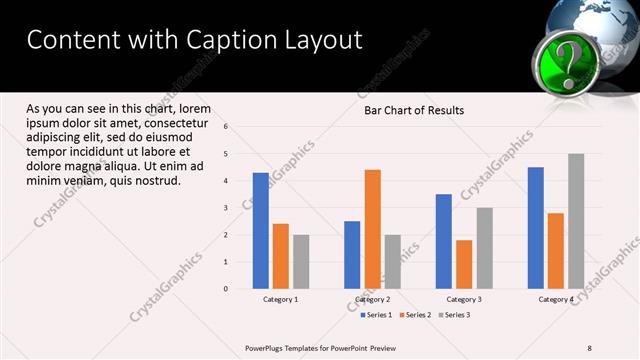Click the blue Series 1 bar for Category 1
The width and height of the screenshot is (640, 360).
[261, 231]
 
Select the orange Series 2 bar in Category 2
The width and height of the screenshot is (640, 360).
[372, 229]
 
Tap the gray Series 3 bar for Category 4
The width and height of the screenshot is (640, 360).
[576, 221]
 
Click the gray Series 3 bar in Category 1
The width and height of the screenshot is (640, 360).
[301, 262]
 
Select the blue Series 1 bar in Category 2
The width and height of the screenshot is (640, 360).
[352, 255]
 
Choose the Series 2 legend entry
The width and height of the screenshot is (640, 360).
[415, 315]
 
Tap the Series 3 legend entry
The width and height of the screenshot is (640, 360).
[454, 315]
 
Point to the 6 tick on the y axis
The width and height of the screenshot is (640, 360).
[226, 127]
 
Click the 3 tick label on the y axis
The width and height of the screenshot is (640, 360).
[226, 208]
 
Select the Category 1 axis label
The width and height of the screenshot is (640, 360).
[281, 299]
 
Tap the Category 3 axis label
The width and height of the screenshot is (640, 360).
[464, 299]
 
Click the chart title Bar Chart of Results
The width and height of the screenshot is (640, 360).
[413, 110]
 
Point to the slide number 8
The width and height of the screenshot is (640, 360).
[589, 348]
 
